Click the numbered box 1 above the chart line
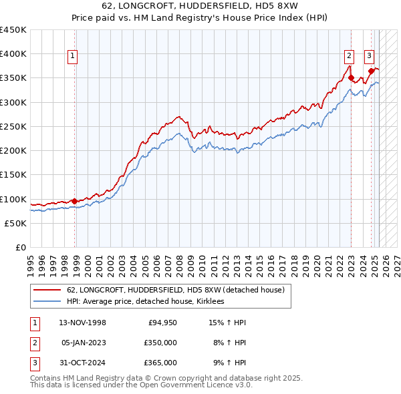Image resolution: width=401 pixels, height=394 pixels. [72, 57]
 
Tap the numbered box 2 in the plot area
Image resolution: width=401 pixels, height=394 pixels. [349, 57]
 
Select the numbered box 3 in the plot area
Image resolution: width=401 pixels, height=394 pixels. [369, 57]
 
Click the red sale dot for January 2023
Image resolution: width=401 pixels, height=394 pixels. [351, 78]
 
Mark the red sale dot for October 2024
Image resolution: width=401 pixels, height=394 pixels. [371, 71]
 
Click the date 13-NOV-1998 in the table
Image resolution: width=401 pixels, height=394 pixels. [83, 323]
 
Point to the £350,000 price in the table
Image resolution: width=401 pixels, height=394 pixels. [160, 343]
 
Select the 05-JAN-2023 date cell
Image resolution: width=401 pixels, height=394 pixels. [83, 343]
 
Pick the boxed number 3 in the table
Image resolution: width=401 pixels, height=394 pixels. [34, 363]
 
